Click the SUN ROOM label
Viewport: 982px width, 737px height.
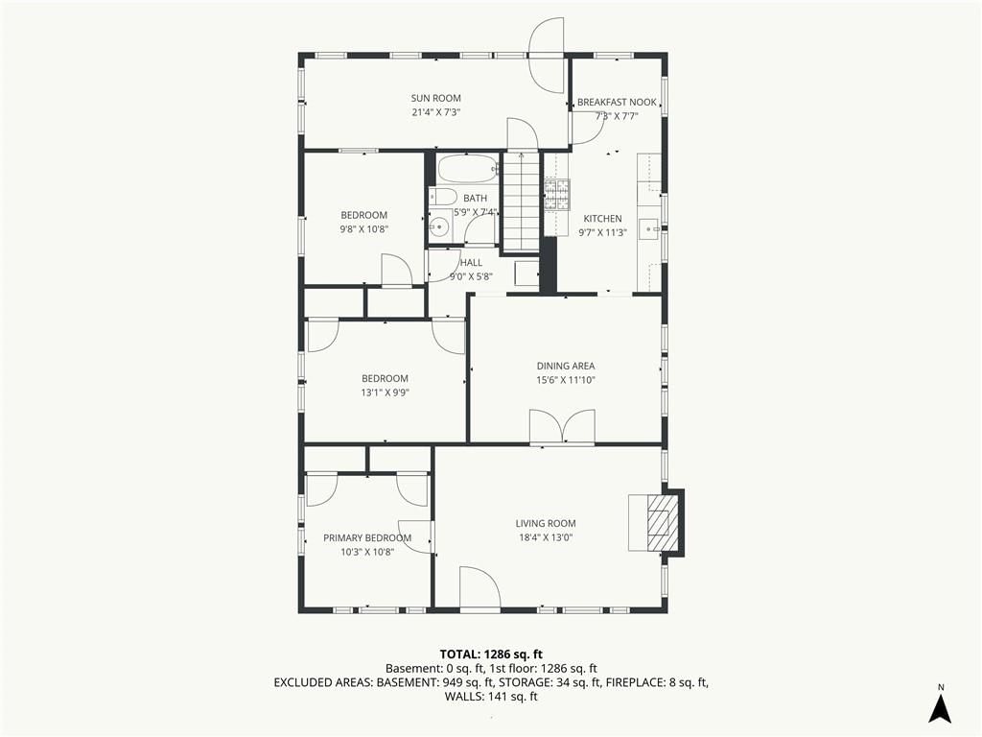[x=436, y=98]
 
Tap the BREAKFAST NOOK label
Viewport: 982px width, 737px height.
[x=617, y=102]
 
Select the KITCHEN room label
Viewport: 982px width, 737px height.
[x=602, y=219]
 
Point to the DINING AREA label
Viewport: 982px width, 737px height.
[x=566, y=366]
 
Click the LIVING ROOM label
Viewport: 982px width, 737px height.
[x=546, y=523]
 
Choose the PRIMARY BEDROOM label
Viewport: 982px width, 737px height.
[x=367, y=537]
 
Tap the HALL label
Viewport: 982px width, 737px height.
[x=471, y=263]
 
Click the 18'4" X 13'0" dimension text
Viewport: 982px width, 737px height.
[x=546, y=537]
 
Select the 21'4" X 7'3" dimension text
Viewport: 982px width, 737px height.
[x=436, y=112]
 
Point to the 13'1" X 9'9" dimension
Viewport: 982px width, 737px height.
[x=385, y=392]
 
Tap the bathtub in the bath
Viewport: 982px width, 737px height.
[x=467, y=169]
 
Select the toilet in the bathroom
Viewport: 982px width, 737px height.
[x=443, y=195]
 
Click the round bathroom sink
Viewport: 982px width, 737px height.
[x=439, y=226]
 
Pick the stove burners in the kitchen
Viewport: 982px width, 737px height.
[x=557, y=195]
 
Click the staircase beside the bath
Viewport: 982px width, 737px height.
[x=521, y=202]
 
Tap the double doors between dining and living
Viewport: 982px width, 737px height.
[x=562, y=428]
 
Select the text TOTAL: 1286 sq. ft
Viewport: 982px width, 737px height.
[x=491, y=654]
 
